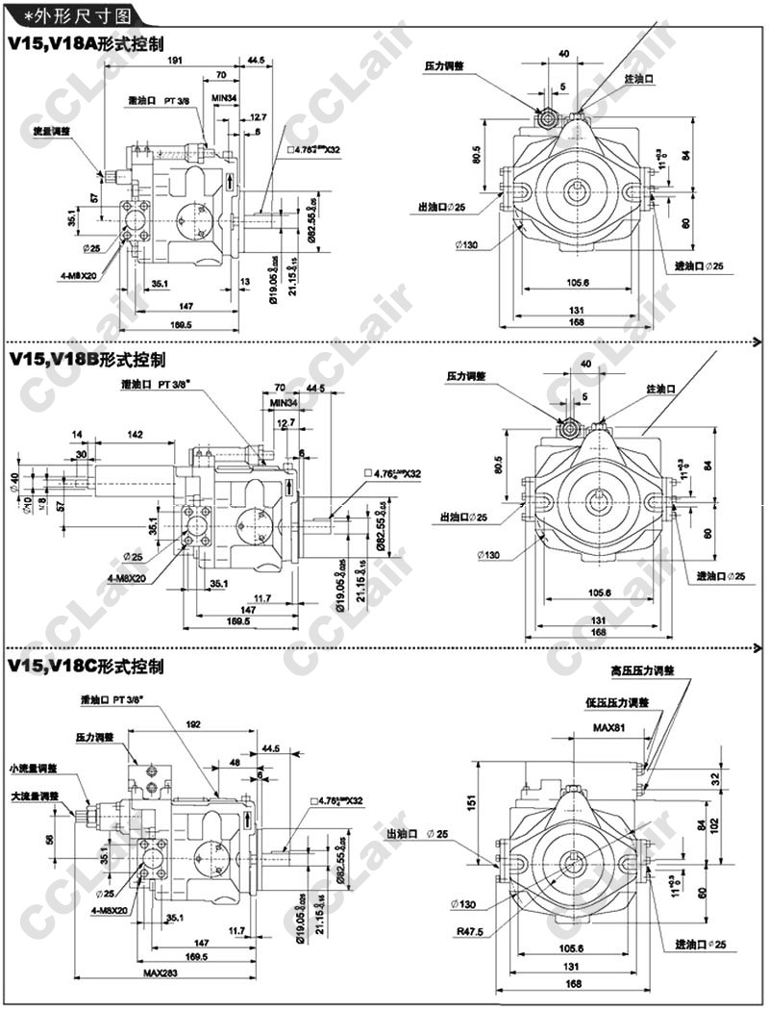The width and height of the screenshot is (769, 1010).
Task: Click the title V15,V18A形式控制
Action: [86, 43]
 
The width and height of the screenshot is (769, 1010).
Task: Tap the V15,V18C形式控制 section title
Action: [86, 666]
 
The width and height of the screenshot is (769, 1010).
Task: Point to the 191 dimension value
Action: [176, 60]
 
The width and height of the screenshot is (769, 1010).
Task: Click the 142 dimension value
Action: [135, 436]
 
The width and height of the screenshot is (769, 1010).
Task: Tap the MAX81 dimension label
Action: [609, 728]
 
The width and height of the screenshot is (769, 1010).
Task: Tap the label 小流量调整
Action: [33, 768]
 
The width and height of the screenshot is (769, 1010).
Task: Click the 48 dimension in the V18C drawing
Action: [236, 763]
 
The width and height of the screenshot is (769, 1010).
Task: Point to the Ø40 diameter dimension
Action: [14, 480]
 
